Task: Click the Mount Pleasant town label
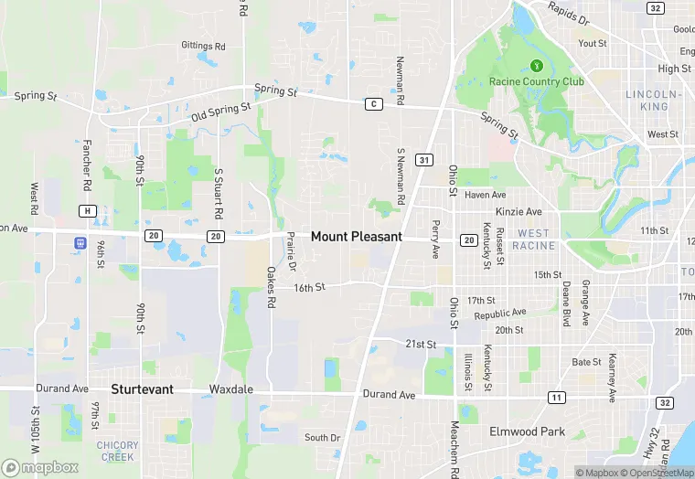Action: point(356,236)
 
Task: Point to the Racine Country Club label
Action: point(536,81)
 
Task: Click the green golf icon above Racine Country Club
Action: point(537,65)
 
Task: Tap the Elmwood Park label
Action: point(526,431)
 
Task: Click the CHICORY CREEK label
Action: point(117,451)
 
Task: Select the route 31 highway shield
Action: point(423,160)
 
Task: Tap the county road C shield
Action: point(372,103)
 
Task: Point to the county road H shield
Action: point(88,211)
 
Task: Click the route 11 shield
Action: point(556,397)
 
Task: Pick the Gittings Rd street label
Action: point(203,46)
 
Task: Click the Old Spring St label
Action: point(220,112)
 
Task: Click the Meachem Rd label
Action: point(454,448)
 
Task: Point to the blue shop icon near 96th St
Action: point(80,244)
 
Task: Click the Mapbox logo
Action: point(39,467)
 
